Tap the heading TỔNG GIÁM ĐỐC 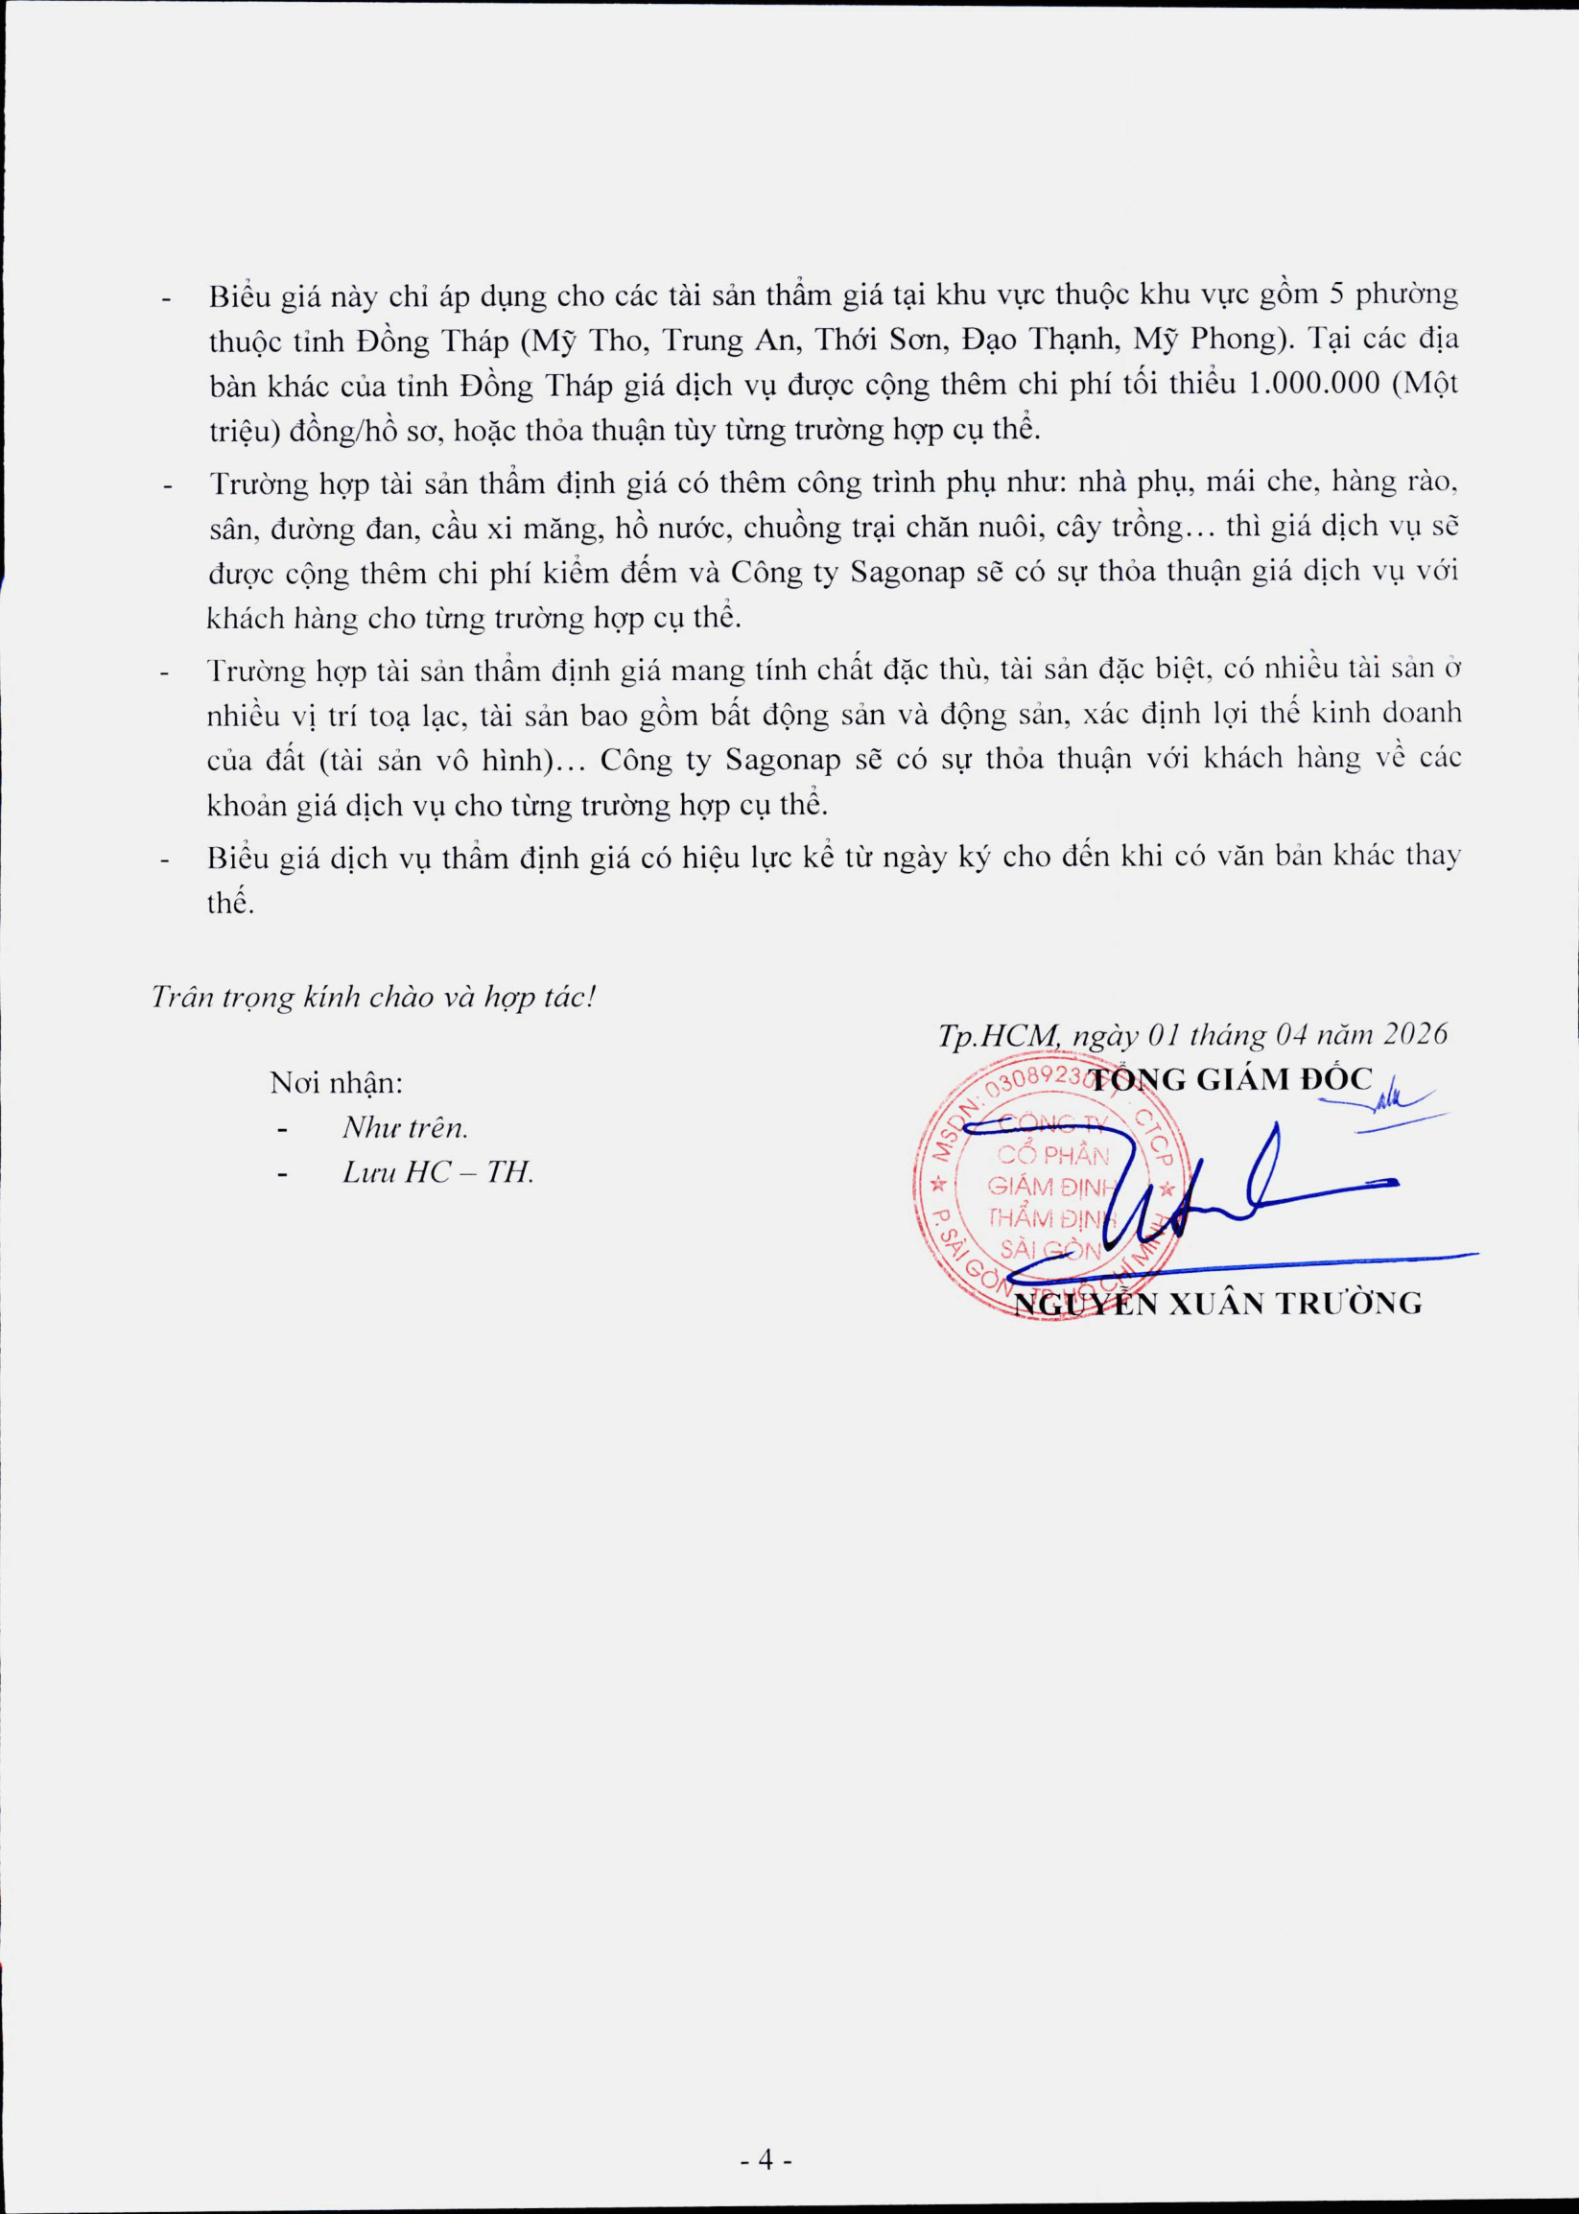click(1230, 1079)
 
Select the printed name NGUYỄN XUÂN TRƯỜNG click(1217, 1304)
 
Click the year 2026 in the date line click(1415, 1032)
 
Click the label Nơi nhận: click(337, 1082)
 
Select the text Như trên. click(406, 1128)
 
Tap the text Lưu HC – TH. click(438, 1172)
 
